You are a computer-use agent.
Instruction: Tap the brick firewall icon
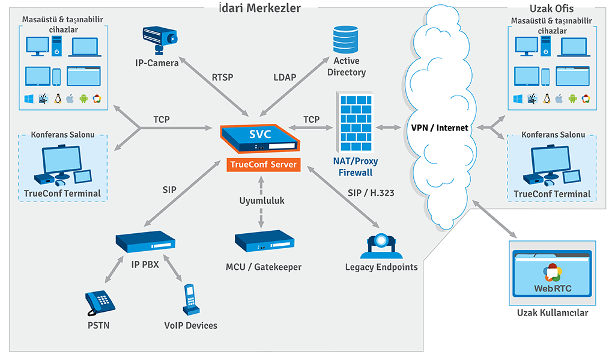point(356,123)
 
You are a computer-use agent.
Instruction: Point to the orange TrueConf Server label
point(263,164)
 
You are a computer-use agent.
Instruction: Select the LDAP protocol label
point(285,77)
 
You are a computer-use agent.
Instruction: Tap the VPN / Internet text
point(440,127)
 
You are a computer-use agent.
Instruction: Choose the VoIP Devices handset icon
point(191,299)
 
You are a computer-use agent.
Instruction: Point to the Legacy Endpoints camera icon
point(381,246)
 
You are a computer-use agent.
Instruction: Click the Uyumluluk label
point(262,201)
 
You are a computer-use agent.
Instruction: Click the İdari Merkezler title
point(261,8)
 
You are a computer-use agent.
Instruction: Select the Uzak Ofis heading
point(551,8)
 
